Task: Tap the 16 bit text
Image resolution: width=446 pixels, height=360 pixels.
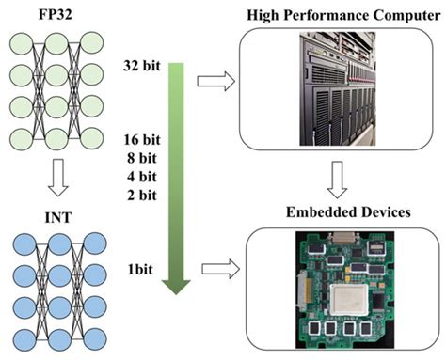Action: pyautogui.click(x=140, y=140)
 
